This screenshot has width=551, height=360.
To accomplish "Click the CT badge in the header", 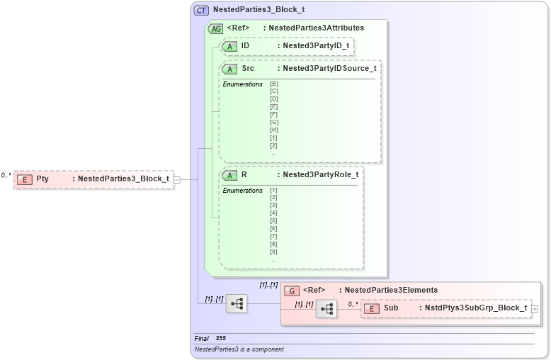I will pos(201,11).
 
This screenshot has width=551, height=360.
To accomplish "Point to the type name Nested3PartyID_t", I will pos(315,46).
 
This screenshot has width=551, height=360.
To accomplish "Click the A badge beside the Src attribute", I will pos(229,69).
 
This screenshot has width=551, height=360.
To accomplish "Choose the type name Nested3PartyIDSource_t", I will pos(329,69).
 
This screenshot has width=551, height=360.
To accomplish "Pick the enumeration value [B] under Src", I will pos(273,84).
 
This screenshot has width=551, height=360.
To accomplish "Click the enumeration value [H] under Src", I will pos(273,130).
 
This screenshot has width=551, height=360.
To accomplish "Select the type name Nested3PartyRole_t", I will pos(320,175).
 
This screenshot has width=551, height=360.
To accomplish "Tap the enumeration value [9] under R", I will pos(273,252).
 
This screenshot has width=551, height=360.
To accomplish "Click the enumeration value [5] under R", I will pos(273,221).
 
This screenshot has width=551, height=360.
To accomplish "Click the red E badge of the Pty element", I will pos(25,179).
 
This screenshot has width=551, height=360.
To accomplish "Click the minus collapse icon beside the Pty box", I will pos(177,179).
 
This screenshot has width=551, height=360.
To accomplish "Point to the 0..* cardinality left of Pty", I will pos(6,175).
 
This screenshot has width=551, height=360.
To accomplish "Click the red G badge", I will pos(291,291).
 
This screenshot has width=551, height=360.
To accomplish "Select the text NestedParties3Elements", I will pos(391,291).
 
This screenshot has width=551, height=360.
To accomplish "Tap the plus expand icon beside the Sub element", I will pos(535,309).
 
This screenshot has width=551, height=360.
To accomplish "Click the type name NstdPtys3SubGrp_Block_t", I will pos(476,309).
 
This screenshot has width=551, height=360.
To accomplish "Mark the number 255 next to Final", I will pos(221,339).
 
